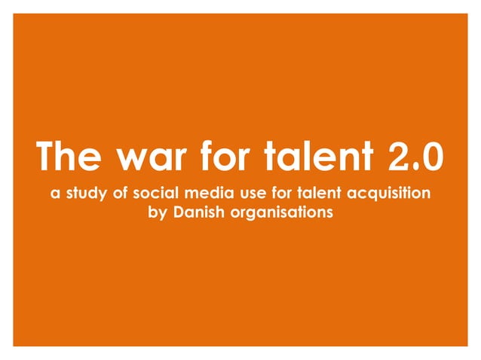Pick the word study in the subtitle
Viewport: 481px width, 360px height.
tap(84, 194)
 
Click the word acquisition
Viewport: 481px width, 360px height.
tap(398, 194)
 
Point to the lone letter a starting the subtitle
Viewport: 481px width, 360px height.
tap(54, 194)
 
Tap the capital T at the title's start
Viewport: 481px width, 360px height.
tap(47, 157)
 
